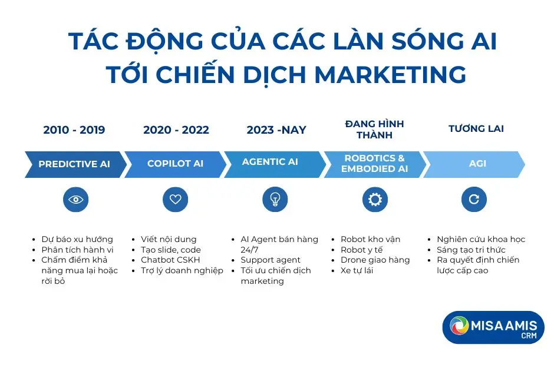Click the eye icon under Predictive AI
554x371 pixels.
(75, 200)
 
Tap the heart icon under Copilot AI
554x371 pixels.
(175, 200)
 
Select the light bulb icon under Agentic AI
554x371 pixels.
(275, 200)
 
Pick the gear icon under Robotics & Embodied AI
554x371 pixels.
(375, 200)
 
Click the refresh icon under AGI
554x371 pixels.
(474, 200)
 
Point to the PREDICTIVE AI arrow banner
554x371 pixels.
(74, 164)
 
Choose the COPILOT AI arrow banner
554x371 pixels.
(175, 164)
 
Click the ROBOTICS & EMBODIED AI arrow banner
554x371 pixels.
(374, 164)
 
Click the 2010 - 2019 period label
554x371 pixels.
(74, 130)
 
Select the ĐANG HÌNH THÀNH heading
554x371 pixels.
(374, 130)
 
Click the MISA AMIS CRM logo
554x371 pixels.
(493, 327)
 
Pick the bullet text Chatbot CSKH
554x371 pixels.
(170, 260)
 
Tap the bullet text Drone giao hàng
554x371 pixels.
(374, 260)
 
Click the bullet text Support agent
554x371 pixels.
(271, 260)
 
